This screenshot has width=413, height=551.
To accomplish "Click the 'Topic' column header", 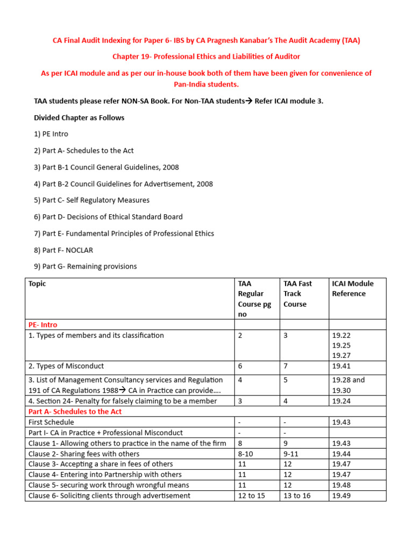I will tap(37, 284).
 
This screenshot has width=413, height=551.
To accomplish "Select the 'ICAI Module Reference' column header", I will tap(352, 288).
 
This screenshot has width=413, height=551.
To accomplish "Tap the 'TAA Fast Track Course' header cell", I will tap(297, 294).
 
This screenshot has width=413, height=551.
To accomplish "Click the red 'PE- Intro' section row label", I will tap(42, 325).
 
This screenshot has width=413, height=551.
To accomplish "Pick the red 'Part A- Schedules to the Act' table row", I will tap(75, 412).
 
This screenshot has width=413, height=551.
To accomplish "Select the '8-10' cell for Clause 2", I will tap(246, 454).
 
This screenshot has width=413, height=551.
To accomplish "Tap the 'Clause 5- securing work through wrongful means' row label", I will tap(108, 485).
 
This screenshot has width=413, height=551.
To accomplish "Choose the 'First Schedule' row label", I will tap(51, 422).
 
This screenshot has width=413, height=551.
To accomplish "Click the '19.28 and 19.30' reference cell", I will tap(348, 385).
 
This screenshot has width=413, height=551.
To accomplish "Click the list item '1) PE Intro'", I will tap(51, 134).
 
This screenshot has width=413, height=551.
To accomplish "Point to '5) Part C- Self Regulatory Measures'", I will tap(91, 200).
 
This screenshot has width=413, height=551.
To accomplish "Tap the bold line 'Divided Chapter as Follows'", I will tap(79, 118).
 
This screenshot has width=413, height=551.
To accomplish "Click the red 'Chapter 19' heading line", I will tap(206, 56).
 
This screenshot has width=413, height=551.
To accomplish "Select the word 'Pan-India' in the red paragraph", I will tap(191, 84).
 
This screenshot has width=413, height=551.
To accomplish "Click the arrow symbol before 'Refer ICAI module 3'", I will tap(249, 101).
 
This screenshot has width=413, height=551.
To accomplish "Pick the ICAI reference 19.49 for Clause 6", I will tap(341, 496).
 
